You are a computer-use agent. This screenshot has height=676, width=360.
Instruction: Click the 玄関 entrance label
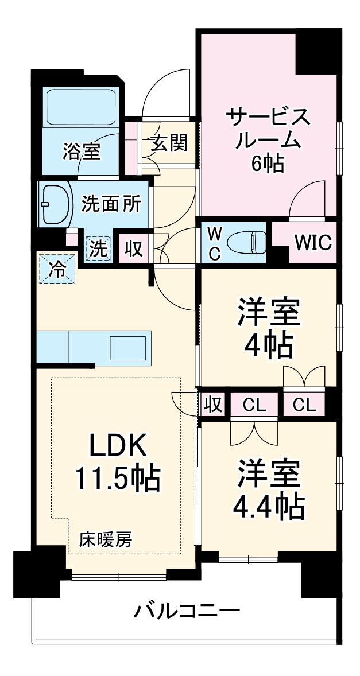tap(169, 143)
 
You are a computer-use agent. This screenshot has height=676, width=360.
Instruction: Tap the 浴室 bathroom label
tap(82, 152)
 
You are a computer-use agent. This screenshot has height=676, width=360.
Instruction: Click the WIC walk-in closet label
tap(313, 243)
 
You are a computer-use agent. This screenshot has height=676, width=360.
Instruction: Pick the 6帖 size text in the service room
tap(266, 165)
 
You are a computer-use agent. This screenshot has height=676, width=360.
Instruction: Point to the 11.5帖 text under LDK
tap(118, 477)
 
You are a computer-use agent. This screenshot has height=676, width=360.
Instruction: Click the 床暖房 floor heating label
tap(106, 539)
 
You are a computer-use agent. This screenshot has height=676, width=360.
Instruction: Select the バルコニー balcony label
tap(187, 611)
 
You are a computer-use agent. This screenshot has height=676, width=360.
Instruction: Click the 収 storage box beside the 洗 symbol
tap(134, 250)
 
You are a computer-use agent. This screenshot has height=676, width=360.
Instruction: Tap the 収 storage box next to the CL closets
tap(212, 405)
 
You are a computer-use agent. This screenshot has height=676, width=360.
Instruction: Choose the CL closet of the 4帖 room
tap(304, 405)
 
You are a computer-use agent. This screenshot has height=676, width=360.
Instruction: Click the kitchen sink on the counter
tap(128, 348)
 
